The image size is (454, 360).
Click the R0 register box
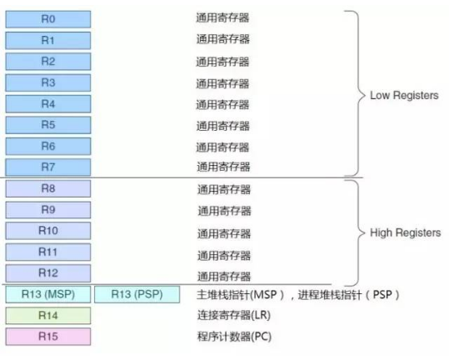[47, 17]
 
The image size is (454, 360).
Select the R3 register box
[47, 82]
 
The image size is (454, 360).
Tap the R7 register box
[47, 166]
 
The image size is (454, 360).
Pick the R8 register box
[47, 188]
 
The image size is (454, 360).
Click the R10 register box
[47, 231]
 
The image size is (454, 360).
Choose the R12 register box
[47, 272]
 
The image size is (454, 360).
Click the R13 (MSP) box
[47, 295]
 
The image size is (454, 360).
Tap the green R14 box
[47, 316]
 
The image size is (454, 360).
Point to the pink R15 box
[47, 337]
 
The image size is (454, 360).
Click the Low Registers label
[404, 96]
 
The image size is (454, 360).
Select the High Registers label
[406, 233]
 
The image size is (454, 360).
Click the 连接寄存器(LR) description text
[234, 316]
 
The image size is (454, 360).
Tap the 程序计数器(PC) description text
[234, 337]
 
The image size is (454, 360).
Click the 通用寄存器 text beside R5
[222, 126]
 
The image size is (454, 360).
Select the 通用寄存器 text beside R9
[223, 211]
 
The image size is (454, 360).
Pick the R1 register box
[47, 39]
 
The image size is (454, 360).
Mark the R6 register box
[47, 146]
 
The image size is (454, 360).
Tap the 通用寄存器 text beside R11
[223, 255]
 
